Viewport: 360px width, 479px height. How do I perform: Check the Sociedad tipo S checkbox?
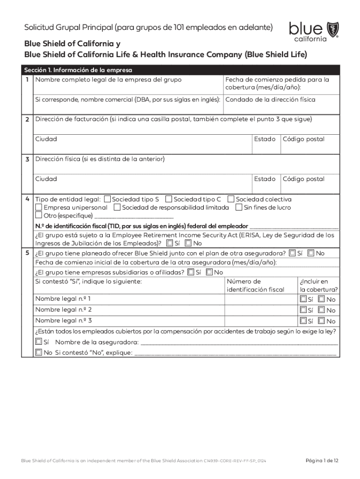coord(108,199)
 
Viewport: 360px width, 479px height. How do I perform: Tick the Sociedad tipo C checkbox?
coord(169,199)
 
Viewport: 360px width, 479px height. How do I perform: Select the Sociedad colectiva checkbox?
coord(231,199)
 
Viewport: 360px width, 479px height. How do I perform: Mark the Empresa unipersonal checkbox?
coord(39,207)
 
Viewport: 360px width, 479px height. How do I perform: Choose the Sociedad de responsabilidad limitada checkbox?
coord(117,207)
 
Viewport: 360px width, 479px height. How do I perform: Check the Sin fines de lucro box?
coord(239,207)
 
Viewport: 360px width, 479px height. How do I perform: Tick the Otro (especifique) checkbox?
coord(39,216)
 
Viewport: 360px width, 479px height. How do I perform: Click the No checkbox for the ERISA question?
coord(188,243)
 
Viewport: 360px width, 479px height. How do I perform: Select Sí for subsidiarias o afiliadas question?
coord(190,272)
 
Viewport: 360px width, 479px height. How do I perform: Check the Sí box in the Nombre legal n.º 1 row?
coord(303,299)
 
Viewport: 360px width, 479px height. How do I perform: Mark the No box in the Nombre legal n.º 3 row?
coord(321,321)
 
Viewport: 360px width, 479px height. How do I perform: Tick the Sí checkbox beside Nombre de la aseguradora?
coord(38,342)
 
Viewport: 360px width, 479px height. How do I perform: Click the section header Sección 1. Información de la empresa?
coord(78,70)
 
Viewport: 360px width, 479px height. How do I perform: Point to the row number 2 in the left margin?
coord(27,120)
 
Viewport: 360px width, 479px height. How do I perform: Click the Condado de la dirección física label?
coord(270,100)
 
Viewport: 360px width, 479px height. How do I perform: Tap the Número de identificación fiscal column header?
coord(255,285)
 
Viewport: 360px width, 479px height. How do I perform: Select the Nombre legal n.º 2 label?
coord(64,310)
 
